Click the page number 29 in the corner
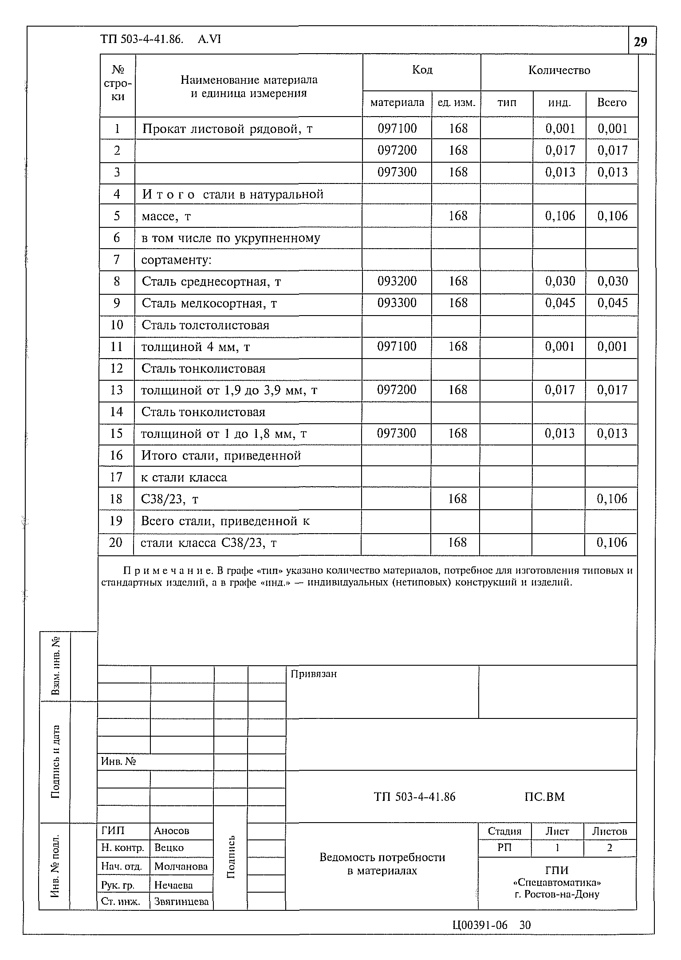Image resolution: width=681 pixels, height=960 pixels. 640,42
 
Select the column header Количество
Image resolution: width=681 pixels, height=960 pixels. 559,70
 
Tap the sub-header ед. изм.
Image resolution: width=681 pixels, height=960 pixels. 456,103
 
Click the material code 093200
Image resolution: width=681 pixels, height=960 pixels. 397,281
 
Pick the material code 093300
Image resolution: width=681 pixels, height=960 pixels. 397,303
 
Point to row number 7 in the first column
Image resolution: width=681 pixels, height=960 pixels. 117,260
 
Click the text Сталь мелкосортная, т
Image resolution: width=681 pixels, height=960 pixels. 209,304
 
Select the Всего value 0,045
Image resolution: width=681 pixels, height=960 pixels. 612,303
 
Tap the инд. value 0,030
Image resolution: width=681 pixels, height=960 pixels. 560,281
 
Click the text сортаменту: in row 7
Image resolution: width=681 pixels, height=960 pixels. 177,260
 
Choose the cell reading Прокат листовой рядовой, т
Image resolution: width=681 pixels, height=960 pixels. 227,129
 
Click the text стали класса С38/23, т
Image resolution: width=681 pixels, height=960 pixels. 209,543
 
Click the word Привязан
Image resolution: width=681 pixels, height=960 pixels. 314,674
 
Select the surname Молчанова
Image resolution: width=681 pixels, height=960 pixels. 181,866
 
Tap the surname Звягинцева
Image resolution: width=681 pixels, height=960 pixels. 181,901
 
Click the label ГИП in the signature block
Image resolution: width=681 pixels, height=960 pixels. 113,831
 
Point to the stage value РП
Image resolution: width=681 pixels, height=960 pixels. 504,848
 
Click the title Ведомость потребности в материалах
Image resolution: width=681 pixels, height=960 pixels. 382,864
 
